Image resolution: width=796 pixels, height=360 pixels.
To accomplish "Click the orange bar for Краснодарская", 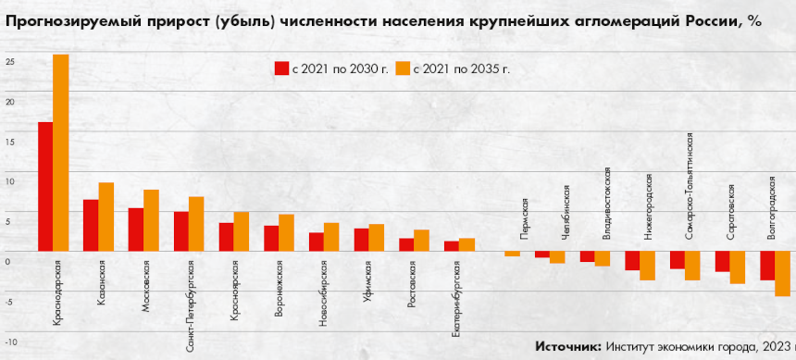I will pos(60,153).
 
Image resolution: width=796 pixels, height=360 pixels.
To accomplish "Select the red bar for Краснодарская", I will pos(44,186).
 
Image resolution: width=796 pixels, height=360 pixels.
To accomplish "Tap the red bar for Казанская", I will pos(91,225).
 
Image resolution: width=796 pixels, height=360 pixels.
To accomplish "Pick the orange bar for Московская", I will pos(151,219).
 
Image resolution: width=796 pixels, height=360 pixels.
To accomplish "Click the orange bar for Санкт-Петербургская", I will pos(196,223).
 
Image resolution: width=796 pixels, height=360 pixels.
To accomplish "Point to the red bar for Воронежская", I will pos(271,238).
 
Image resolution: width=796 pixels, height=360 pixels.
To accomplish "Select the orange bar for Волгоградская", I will pos(782,273).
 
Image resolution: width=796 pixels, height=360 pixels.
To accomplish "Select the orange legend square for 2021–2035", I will pos(403,68).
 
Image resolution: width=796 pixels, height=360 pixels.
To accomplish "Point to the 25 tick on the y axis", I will pos(9,62).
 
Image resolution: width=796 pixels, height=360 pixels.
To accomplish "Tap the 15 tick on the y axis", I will pos(9,142).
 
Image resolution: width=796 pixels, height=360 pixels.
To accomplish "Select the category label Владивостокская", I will pos(606,203).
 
